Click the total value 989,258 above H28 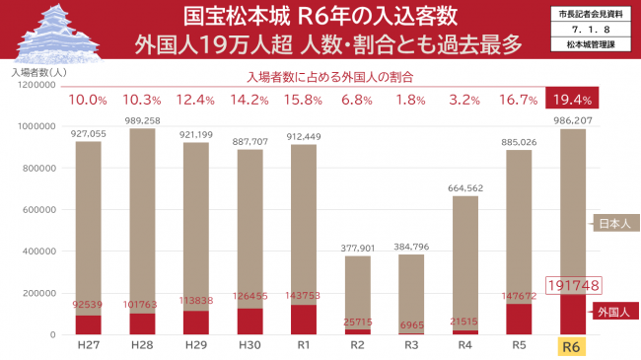[x=143, y=119]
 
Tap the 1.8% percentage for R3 [x=411, y=100]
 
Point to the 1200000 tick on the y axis [x=34, y=85]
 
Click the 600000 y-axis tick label [x=36, y=210]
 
